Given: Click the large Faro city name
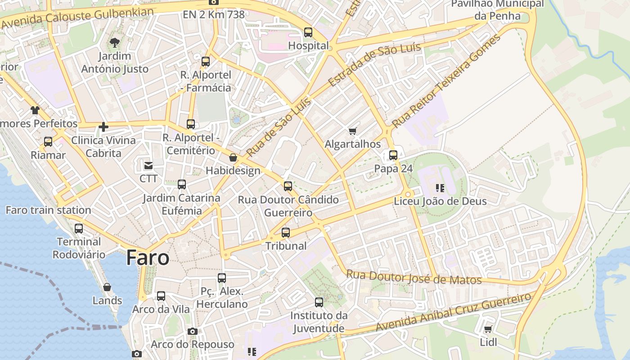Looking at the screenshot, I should (148, 257).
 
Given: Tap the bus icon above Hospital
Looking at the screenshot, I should (308, 32).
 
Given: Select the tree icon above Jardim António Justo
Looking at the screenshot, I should (115, 43).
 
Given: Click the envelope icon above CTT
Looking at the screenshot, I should (148, 165).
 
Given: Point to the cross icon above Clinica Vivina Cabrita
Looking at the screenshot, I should (103, 127).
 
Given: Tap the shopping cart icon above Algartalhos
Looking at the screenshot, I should (353, 131).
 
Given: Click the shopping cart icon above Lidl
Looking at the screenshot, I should (488, 329).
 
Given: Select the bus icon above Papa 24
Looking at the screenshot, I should (393, 155).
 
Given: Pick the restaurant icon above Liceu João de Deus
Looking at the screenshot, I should (440, 188).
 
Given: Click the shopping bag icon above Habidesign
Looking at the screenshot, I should (233, 157).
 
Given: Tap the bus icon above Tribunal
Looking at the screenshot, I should (286, 233).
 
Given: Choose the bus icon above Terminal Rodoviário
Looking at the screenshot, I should (79, 229).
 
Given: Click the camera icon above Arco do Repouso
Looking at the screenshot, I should (193, 331).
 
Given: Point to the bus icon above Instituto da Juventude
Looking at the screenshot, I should (319, 302).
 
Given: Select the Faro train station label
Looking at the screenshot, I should (48, 210).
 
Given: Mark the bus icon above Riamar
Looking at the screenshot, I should (48, 142).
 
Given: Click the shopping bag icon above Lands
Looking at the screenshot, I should (107, 287).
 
